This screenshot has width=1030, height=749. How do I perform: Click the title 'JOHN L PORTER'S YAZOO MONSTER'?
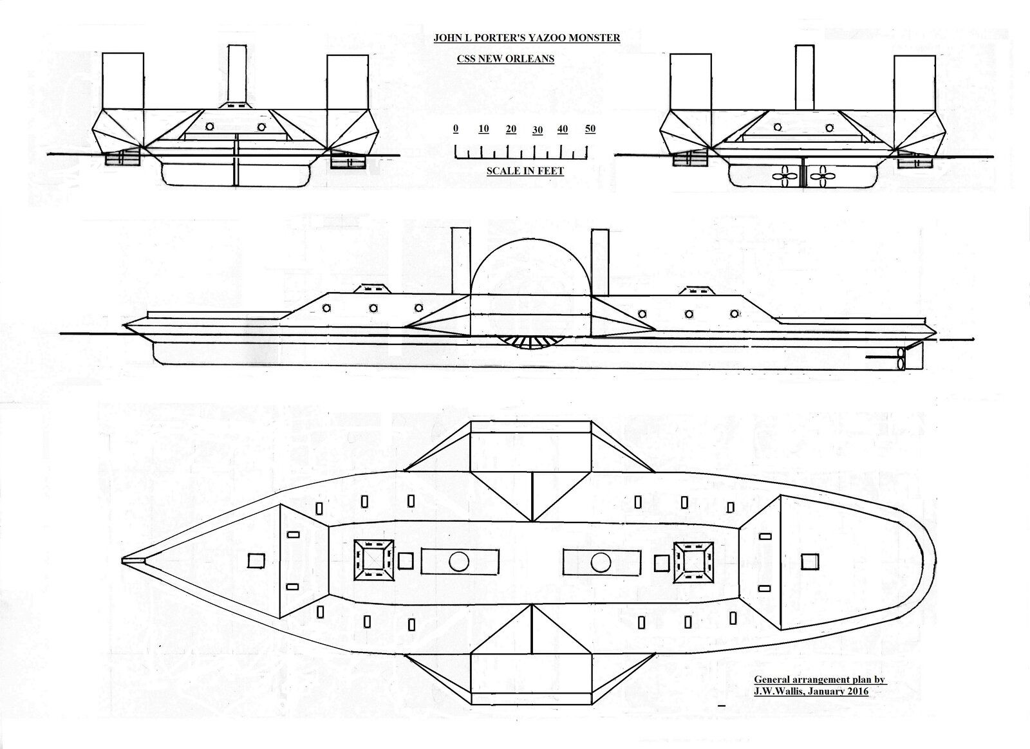527,38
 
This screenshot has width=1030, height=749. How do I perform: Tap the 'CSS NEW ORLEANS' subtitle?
505,59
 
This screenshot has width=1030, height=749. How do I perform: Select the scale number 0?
456,128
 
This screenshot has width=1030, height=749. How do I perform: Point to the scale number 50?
590,129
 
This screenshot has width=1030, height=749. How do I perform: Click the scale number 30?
538,130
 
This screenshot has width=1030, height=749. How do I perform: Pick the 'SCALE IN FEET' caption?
525,171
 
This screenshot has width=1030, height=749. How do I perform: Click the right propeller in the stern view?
821,176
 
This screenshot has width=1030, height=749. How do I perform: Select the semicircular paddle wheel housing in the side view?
530,240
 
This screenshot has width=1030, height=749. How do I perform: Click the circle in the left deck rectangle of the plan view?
458,562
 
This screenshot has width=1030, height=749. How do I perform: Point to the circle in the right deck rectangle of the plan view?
601,562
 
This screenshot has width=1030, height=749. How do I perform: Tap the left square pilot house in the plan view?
373,560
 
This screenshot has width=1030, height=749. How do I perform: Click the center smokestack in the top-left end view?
238,73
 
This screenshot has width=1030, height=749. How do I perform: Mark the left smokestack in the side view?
461,260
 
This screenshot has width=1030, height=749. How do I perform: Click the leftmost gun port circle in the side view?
326,308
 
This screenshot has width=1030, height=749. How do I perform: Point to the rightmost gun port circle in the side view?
735,314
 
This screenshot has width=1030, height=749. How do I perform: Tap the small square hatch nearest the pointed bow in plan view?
256,560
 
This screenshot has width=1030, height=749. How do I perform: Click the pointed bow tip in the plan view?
122,560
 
